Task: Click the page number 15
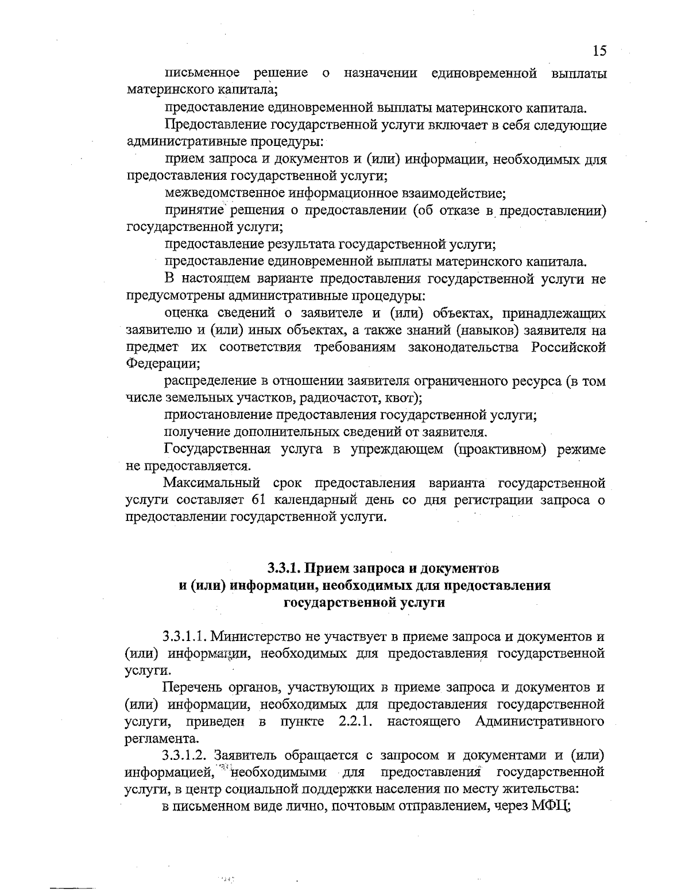[599, 51]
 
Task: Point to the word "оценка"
[184, 314]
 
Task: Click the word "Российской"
[568, 347]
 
